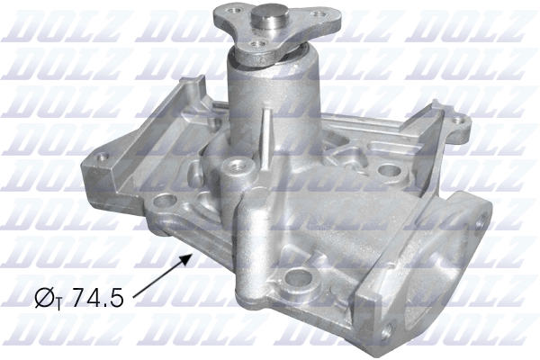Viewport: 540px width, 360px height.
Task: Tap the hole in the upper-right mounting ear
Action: [460, 120]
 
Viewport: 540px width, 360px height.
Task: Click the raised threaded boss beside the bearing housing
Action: [238, 166]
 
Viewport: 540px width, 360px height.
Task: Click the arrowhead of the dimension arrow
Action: [190, 256]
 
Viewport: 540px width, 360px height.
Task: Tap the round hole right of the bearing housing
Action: [389, 169]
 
